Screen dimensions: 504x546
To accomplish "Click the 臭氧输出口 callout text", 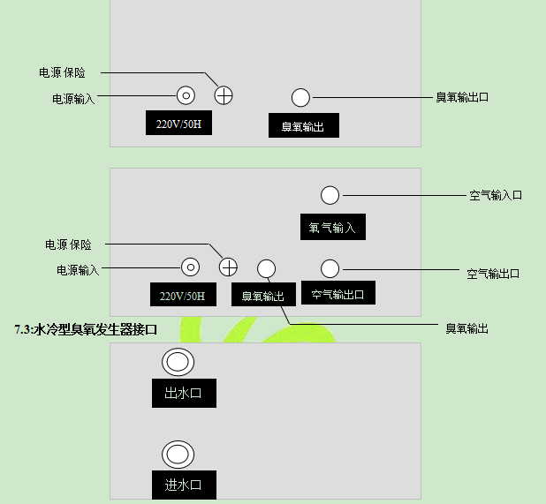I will (461, 97).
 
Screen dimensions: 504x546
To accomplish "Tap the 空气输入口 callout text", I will (495, 195).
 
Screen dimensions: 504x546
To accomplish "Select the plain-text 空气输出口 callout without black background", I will (493, 274).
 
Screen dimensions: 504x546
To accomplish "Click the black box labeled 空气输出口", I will (338, 293).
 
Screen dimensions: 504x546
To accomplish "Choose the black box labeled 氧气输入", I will (332, 227).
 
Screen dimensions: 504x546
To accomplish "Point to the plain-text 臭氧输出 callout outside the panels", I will (466, 328).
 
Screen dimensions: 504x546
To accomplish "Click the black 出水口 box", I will (184, 393).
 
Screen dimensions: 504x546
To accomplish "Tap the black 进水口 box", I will (184, 485).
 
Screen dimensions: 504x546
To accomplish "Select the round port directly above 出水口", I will (178, 362).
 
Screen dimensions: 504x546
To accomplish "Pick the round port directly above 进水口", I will (178, 454).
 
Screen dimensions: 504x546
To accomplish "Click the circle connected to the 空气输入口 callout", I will (330, 194).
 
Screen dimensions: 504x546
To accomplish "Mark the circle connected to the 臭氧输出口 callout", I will (300, 97).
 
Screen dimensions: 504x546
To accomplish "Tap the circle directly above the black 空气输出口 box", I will (330, 268).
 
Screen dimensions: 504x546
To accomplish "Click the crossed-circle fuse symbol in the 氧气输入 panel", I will (228, 267).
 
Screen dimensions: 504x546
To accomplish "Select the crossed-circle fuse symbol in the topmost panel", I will (224, 95).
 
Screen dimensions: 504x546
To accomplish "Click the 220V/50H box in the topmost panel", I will (179, 124).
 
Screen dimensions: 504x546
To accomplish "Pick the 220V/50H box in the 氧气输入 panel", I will (183, 296).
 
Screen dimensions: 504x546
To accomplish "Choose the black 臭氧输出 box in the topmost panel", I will (303, 126).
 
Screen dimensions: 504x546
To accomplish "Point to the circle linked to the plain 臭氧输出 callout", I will (266, 268).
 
